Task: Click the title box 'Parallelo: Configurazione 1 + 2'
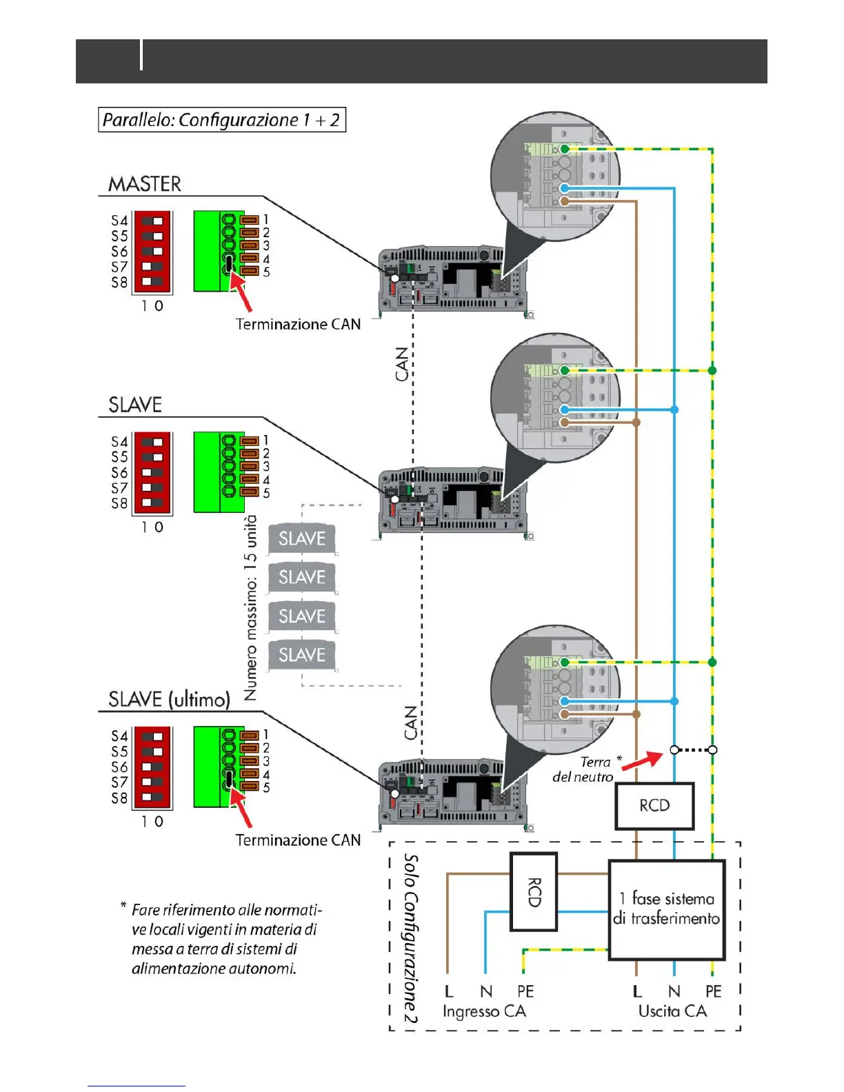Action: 221,120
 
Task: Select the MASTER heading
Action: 145,185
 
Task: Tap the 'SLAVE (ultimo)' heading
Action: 169,700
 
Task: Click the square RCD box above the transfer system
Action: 654,806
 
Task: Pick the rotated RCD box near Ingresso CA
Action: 534,892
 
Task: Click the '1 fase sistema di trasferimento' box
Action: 667,909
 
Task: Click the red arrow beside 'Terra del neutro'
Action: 643,761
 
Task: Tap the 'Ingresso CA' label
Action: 484,1011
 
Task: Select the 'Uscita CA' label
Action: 672,1011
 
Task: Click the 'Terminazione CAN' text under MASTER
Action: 298,325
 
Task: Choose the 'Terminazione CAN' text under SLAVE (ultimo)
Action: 298,840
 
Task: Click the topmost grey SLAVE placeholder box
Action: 302,538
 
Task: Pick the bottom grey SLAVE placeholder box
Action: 302,655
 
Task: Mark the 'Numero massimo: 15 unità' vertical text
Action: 250,607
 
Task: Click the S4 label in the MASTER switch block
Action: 119,221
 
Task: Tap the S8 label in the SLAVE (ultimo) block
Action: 119,798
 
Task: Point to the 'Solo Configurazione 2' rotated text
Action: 410,938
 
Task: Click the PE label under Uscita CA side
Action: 713,991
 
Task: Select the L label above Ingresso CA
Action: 449,991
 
